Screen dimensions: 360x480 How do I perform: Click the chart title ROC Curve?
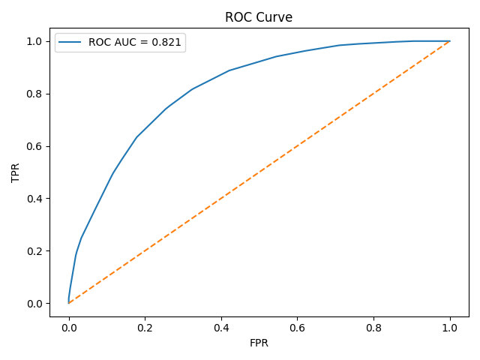click(x=259, y=17)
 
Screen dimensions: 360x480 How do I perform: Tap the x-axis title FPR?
click(x=259, y=343)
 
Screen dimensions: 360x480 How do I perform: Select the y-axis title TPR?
click(x=16, y=172)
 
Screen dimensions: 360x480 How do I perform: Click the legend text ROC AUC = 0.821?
click(x=135, y=43)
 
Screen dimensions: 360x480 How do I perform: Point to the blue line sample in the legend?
click(x=71, y=43)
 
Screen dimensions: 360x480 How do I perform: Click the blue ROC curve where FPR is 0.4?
click(x=221, y=74)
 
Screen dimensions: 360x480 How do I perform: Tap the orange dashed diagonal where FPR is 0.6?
click(x=298, y=145)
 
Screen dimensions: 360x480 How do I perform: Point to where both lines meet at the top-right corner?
click(x=450, y=41)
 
